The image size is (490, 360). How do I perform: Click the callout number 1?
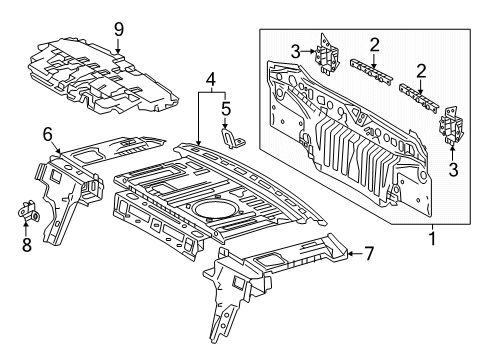[x=431, y=239]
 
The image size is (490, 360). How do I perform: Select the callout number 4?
[x=210, y=77]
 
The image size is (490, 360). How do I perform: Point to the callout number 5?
[x=226, y=106]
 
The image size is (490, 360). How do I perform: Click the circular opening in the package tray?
[x=210, y=209]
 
